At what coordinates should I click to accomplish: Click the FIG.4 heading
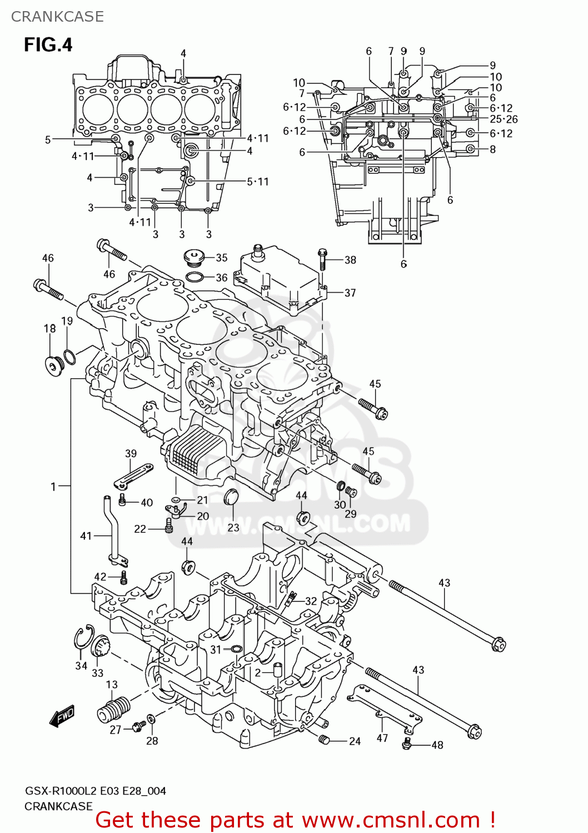tap(48, 44)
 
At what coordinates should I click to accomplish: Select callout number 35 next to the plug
tap(221, 258)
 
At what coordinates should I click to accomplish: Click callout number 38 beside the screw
tap(350, 260)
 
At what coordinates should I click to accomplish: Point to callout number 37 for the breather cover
tap(350, 293)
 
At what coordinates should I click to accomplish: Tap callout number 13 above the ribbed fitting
tap(112, 685)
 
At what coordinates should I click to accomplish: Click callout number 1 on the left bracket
tap(53, 486)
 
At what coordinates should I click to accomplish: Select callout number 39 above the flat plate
tap(131, 453)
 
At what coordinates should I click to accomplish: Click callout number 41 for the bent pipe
tap(86, 536)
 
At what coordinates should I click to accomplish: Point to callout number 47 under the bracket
tap(382, 738)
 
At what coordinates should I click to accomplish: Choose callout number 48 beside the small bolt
tap(437, 745)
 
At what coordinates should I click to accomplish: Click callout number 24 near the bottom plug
tap(355, 741)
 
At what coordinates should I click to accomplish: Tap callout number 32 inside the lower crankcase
tap(311, 601)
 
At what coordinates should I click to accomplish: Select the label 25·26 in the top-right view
tap(504, 119)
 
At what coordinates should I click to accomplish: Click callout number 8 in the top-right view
tap(492, 149)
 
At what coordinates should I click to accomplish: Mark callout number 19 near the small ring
tap(67, 321)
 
